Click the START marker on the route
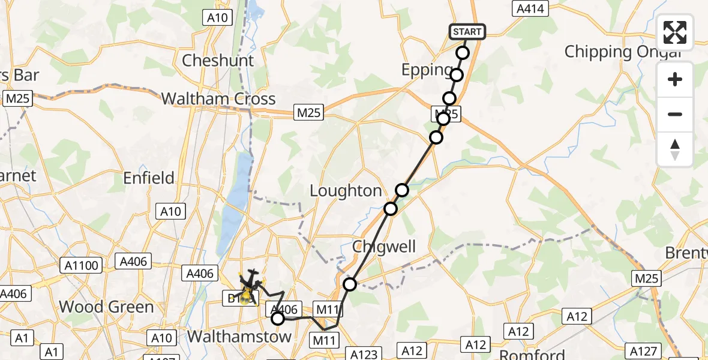tap(467, 32)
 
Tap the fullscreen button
tap(675, 32)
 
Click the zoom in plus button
tap(675, 79)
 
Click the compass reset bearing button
tap(675, 149)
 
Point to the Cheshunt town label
tap(218, 61)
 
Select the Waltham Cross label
tap(218, 99)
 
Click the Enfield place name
tap(149, 178)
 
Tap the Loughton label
tap(346, 191)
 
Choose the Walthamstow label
tap(239, 336)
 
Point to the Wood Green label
tap(106, 307)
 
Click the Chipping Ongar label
tap(623, 52)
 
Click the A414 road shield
tap(531, 8)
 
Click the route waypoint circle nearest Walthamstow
tap(278, 319)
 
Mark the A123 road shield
tap(364, 354)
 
